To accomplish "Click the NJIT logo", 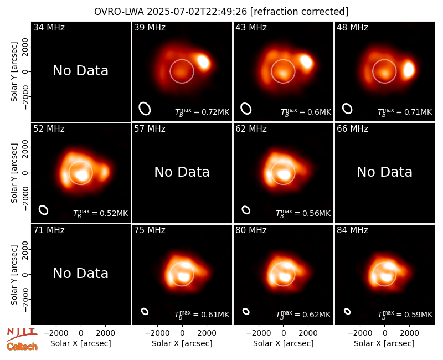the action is pyautogui.click(x=22, y=334).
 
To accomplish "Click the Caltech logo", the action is pyautogui.click(x=22, y=347).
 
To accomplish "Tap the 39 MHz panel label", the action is pyautogui.click(x=150, y=27).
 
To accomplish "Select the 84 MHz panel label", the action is pyautogui.click(x=352, y=230).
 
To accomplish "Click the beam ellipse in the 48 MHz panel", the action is pyautogui.click(x=347, y=109).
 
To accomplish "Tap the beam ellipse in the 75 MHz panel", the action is pyautogui.click(x=145, y=311).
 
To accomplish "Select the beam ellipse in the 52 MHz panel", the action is pyautogui.click(x=44, y=210).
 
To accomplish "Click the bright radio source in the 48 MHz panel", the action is pyautogui.click(x=409, y=70).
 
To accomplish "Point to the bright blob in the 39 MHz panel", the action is pyautogui.click(x=203, y=62).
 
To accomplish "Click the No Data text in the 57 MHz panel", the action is pyautogui.click(x=182, y=172).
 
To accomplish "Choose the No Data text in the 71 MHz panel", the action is pyautogui.click(x=80, y=274).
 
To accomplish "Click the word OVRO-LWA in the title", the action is pyautogui.click(x=119, y=12).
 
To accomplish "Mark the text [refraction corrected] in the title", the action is pyautogui.click(x=299, y=12).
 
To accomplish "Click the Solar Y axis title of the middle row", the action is pyautogui.click(x=14, y=173).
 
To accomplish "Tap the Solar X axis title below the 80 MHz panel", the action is pyautogui.click(x=284, y=343).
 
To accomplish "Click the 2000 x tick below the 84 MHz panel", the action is pyautogui.click(x=409, y=333).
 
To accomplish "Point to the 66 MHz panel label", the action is pyautogui.click(x=352, y=129).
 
